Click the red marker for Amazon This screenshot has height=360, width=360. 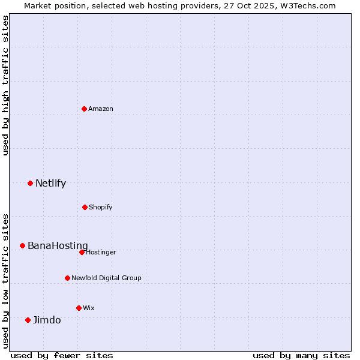[x=85, y=109]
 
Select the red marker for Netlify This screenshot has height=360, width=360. [x=30, y=183]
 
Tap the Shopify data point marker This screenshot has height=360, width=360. [x=85, y=207]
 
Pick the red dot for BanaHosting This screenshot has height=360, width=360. [x=22, y=245]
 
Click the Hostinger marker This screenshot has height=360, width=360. [x=82, y=252]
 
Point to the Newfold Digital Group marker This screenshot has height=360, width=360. [x=67, y=278]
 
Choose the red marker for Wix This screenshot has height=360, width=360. [x=79, y=308]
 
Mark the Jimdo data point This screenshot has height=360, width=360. [x=28, y=320]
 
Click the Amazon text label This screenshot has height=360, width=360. [x=101, y=109]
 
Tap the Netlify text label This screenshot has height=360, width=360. [x=50, y=183]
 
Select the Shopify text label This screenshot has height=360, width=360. [x=101, y=207]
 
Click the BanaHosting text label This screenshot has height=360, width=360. [x=58, y=245]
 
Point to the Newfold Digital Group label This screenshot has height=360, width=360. [x=106, y=278]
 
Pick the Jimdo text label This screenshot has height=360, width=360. [x=47, y=320]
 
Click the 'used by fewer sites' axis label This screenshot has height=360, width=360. [x=62, y=355]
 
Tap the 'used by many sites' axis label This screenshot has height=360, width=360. [x=301, y=355]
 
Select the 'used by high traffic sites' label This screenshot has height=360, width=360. [x=5, y=85]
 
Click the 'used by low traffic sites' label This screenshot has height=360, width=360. [x=5, y=280]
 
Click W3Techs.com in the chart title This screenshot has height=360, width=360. [x=307, y=5]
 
